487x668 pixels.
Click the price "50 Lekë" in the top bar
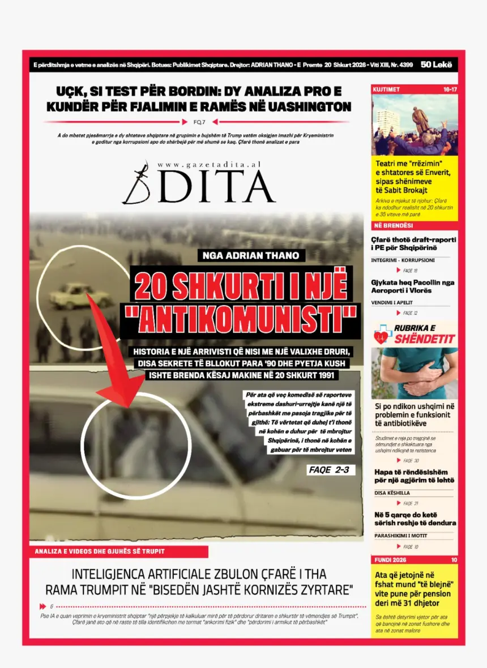point(437,65)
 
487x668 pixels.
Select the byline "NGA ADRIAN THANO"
point(250,255)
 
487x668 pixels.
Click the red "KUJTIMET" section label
point(387,89)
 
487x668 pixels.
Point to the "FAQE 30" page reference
point(411,460)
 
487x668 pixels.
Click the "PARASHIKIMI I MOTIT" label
point(400,536)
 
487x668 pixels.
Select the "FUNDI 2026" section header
point(391,560)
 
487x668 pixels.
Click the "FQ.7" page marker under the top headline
point(199,122)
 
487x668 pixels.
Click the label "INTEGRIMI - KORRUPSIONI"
point(403,260)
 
